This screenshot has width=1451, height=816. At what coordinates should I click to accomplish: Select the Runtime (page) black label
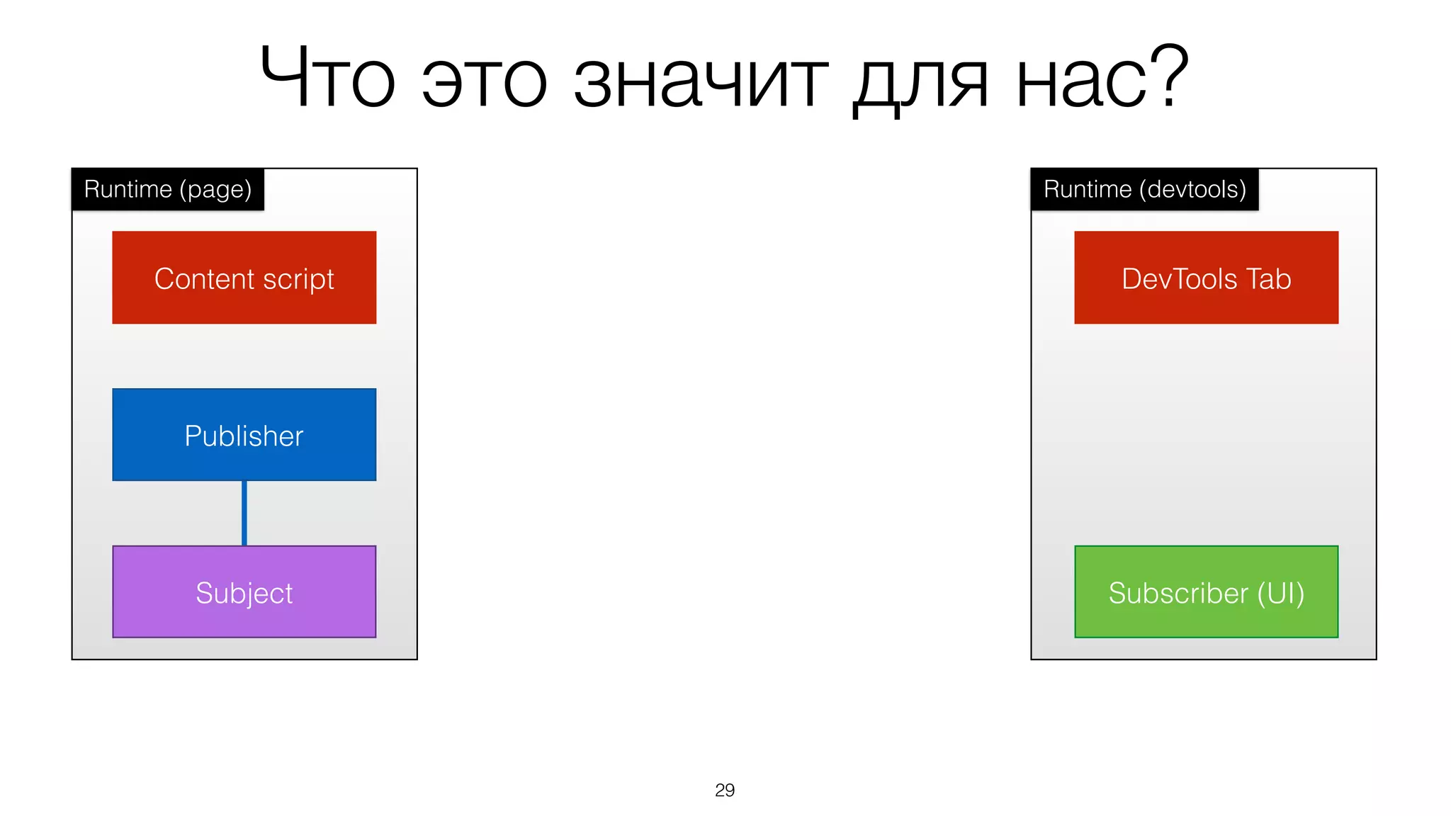[x=168, y=190]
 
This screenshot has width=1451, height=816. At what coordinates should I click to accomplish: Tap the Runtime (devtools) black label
[x=1144, y=190]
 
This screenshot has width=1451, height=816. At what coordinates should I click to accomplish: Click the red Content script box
[x=244, y=278]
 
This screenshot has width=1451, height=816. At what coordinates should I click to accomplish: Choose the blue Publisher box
[x=244, y=435]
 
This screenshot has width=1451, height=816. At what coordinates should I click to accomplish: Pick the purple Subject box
[x=244, y=592]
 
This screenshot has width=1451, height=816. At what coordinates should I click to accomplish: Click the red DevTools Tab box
[x=1206, y=278]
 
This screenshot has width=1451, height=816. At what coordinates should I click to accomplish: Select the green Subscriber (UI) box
[x=1206, y=592]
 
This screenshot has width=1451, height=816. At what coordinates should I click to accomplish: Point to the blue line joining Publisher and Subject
[x=244, y=514]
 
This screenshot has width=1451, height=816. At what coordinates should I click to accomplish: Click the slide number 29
[x=725, y=790]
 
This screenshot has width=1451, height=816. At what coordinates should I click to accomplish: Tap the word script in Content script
[x=298, y=279]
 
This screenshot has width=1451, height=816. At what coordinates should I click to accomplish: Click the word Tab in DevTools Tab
[x=1268, y=279]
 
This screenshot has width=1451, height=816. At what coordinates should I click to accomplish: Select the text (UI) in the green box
[x=1281, y=594]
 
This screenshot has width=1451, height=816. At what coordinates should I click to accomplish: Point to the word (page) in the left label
[x=215, y=191]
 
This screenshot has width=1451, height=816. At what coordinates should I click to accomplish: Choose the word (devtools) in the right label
[x=1192, y=190]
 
